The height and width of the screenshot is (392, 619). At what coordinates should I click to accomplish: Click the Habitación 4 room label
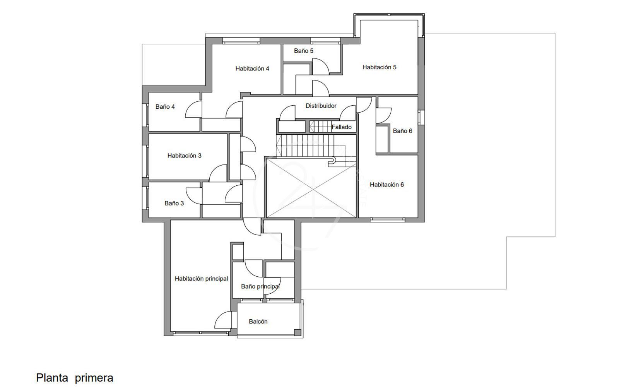252,68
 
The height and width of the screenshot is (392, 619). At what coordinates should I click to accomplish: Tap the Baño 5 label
303,51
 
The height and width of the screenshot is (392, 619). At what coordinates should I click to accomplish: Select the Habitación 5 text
379,67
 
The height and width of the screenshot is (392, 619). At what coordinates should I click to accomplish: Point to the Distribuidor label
321,106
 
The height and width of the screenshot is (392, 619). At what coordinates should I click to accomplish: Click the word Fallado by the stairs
342,127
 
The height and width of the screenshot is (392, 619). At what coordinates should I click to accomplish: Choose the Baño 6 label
402,131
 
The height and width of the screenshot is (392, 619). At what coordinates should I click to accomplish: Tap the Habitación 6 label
386,184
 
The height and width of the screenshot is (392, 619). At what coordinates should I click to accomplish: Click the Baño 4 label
165,106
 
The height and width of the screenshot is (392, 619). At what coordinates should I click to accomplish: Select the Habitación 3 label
184,156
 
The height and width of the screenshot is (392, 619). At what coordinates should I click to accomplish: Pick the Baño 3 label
174,203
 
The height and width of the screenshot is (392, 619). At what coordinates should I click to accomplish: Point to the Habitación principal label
201,279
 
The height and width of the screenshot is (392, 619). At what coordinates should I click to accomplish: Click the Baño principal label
260,286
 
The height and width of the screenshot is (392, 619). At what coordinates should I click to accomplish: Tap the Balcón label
258,322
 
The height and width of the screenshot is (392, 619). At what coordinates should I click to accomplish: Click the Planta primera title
75,378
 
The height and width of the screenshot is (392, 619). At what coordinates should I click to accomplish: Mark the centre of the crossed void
311,188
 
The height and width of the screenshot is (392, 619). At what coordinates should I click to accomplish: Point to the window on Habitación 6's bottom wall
387,220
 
